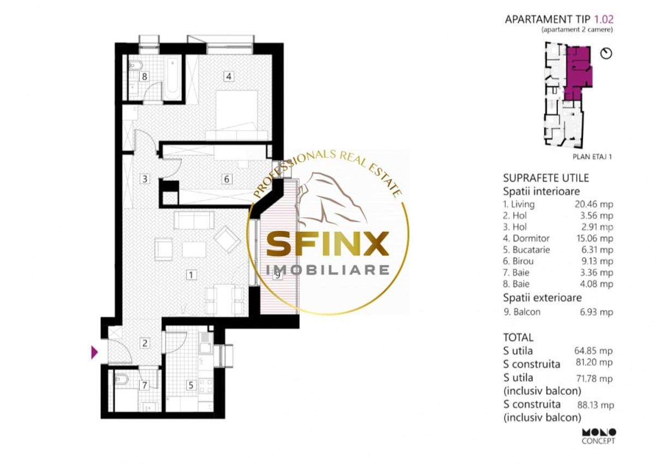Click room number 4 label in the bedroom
[228, 76]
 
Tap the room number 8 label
[144, 77]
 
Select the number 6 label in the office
[227, 179]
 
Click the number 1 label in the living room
[191, 275]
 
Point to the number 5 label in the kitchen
[190, 385]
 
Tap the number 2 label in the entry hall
[145, 343]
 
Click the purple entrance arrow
[94, 352]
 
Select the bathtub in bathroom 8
[171, 79]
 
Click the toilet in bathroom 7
[121, 379]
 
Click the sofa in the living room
[194, 220]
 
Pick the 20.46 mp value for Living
[594, 204]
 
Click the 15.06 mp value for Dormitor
[595, 238]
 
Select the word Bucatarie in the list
[531, 250]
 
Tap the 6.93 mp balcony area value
[596, 312]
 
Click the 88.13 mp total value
[596, 405]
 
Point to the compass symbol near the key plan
[606, 53]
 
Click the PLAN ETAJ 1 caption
[592, 157]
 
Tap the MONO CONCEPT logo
[599, 436]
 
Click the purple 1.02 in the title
[604, 19]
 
